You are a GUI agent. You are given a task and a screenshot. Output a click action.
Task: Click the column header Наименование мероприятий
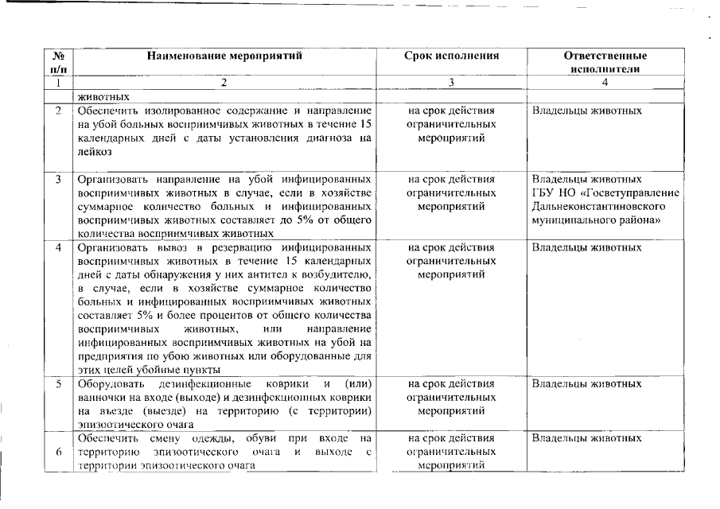pyautogui.click(x=224, y=56)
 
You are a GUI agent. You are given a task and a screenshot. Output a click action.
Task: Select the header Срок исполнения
pyautogui.click(x=451, y=56)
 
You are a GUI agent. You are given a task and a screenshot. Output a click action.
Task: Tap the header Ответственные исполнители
pyautogui.click(x=605, y=63)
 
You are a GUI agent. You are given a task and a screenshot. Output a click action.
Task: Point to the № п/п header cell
pyautogui.click(x=58, y=63)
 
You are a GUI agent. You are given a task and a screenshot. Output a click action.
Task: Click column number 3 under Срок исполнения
pyautogui.click(x=451, y=82)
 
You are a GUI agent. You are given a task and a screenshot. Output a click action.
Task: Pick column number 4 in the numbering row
pyautogui.click(x=605, y=82)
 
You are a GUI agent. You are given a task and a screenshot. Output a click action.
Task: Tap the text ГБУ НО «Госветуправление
pyautogui.click(x=605, y=192)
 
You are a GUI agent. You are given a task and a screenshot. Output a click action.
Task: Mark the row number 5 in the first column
pyautogui.click(x=58, y=384)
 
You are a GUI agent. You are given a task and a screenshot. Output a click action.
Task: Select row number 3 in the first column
pyautogui.click(x=58, y=179)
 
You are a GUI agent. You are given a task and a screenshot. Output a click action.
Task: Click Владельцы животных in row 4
pyautogui.click(x=586, y=247)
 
